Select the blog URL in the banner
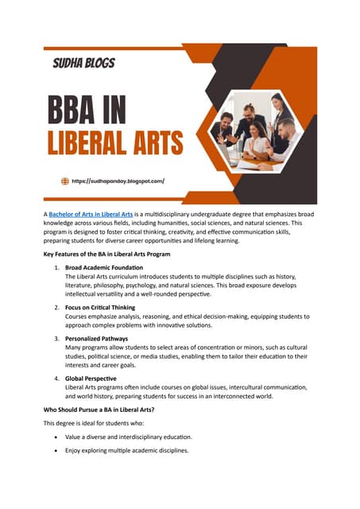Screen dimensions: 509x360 [118, 181]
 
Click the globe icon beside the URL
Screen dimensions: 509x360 [65, 181]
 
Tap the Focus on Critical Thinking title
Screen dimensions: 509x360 [100, 307]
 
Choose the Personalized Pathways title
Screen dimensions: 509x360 [98, 339]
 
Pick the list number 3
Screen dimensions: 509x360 [56, 339]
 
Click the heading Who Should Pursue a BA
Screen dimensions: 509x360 [99, 409]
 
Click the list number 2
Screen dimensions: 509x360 [56, 307]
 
